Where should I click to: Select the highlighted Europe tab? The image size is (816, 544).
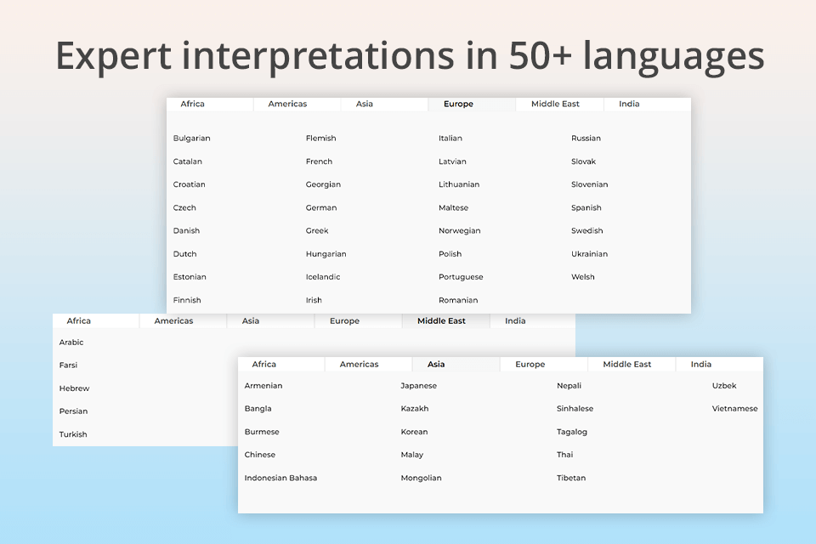tap(458, 104)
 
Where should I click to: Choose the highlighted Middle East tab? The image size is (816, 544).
tap(441, 320)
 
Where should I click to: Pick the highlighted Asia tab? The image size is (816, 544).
tap(436, 364)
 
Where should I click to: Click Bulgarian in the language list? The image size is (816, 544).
tap(191, 138)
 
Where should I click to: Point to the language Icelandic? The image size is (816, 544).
tap(323, 276)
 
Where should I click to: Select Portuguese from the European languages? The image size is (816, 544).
tap(461, 276)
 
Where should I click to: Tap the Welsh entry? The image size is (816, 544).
tap(583, 276)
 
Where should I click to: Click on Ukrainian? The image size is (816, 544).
tap(589, 253)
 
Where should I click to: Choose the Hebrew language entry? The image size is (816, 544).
tap(74, 388)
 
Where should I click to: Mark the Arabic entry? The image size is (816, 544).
tap(71, 342)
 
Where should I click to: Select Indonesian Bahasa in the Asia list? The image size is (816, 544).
tap(280, 478)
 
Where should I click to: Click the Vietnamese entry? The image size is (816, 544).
tap(734, 408)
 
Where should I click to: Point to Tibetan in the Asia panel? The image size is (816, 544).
tap(571, 478)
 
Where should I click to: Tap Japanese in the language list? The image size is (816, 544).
tap(418, 385)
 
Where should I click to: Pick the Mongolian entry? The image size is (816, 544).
tap(421, 478)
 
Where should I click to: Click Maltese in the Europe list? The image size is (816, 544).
tap(453, 207)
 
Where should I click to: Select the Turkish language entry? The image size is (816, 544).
tap(73, 433)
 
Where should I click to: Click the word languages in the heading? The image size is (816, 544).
tap(678, 56)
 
